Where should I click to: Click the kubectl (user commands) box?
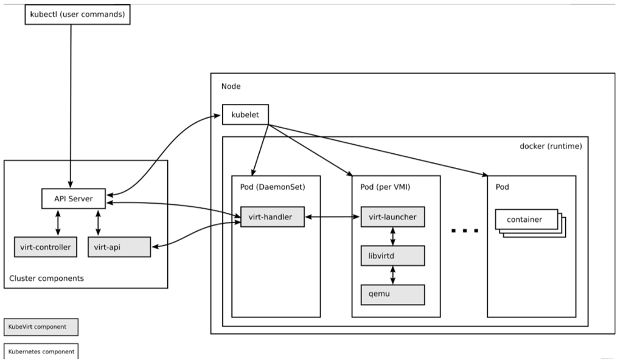[77, 15]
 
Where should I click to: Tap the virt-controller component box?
[46, 247]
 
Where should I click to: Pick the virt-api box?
[118, 247]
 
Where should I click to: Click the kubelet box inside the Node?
[245, 114]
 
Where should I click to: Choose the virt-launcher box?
[392, 217]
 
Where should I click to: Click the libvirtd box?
[392, 255]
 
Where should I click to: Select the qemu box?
[392, 294]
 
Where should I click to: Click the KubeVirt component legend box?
[41, 327]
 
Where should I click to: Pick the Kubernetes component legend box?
[41, 351]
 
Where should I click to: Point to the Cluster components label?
[47, 279]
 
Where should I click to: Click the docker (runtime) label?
[551, 147]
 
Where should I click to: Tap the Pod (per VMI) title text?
[386, 187]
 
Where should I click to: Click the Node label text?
[231, 86]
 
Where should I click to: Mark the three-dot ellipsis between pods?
[465, 230]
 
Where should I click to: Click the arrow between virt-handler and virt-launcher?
[332, 217]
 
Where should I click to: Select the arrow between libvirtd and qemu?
[392, 275]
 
